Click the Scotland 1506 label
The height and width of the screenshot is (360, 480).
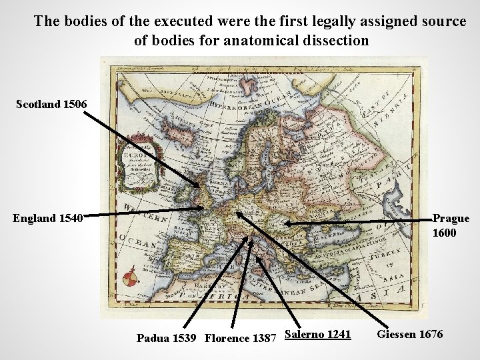[x=51, y=105]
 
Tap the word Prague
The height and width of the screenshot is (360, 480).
[x=451, y=218]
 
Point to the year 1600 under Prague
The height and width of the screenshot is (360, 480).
[x=445, y=234]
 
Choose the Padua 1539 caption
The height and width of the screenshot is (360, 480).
[x=166, y=337]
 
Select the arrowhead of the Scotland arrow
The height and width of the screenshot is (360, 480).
[x=198, y=186]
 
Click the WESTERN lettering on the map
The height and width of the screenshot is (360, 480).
[x=146, y=212]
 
